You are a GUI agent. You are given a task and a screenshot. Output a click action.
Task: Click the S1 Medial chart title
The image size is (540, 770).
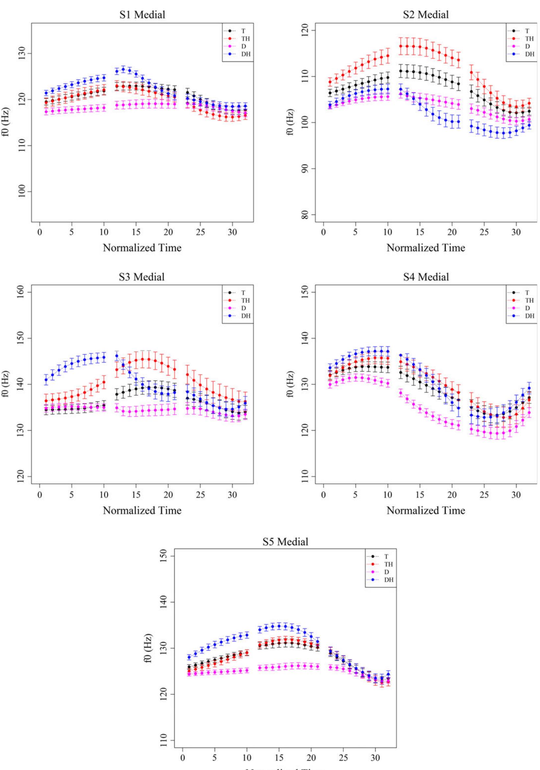pyautogui.click(x=142, y=15)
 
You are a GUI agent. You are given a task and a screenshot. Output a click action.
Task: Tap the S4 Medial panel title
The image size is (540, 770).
pyautogui.click(x=426, y=277)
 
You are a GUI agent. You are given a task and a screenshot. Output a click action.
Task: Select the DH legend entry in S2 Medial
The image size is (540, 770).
pyautogui.click(x=529, y=54)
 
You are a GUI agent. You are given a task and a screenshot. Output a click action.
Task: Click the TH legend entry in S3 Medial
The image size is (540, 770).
pyautogui.click(x=245, y=301)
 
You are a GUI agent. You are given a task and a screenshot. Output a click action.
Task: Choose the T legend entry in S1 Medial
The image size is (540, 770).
pyautogui.click(x=243, y=31)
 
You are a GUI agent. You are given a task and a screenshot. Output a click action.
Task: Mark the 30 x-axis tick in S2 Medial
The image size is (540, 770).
pyautogui.click(x=516, y=232)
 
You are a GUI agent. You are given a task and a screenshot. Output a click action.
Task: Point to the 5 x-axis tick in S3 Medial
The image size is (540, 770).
pyautogui.click(x=72, y=495)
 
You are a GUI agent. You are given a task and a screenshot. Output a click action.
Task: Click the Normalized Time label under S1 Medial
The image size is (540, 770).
pyautogui.click(x=142, y=248)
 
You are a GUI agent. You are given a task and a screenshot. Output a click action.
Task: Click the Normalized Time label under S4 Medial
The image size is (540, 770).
pyautogui.click(x=426, y=511)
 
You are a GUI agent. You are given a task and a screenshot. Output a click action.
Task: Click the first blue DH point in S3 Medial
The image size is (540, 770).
pyautogui.click(x=46, y=380)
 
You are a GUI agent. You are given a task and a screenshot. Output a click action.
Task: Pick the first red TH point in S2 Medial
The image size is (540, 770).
pyautogui.click(x=330, y=82)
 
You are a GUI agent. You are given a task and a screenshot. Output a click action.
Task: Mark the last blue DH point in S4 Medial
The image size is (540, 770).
pyautogui.click(x=529, y=388)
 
